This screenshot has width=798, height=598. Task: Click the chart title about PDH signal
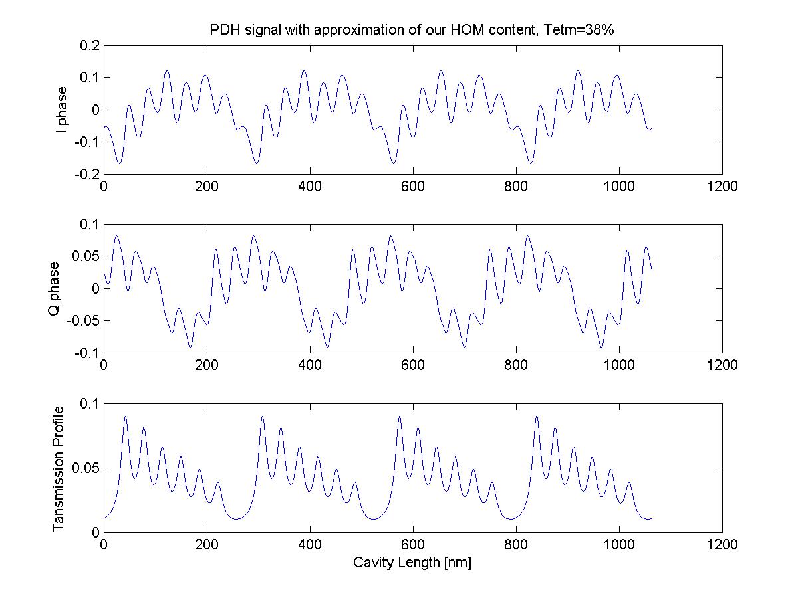(x=412, y=31)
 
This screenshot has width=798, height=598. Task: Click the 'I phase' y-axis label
(x=62, y=110)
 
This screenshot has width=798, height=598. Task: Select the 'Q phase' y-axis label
(x=55, y=288)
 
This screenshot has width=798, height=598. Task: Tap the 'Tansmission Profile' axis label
(x=59, y=468)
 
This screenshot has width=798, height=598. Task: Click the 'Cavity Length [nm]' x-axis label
(x=412, y=563)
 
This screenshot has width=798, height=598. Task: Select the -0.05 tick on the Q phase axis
(x=84, y=321)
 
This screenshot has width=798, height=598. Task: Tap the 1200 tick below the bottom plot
(x=722, y=546)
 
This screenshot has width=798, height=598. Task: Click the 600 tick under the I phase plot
(x=413, y=187)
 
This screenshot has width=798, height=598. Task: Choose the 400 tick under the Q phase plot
(x=310, y=366)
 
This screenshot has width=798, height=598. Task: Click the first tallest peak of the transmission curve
(x=125, y=417)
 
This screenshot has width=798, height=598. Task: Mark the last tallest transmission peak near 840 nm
(x=537, y=417)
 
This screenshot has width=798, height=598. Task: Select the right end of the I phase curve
(x=652, y=128)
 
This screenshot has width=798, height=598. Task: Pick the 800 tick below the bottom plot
(x=516, y=546)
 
